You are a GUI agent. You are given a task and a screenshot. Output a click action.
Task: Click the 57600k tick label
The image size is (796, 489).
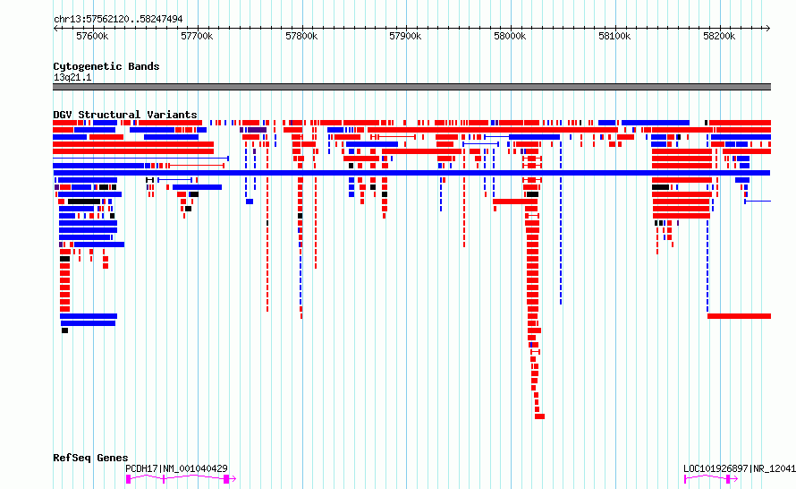point(92,36)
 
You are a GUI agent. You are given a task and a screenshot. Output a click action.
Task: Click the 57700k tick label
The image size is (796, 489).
point(197,36)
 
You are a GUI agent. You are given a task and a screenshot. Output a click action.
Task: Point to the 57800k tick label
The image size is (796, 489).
point(301,36)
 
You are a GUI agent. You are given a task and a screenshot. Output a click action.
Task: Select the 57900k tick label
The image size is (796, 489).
point(405,36)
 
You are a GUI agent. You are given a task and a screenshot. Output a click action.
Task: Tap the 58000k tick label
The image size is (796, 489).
point(510,36)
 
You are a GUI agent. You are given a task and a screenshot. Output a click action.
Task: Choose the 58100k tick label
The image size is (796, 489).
point(614,36)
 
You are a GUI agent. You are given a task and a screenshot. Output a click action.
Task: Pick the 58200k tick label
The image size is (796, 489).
point(719,36)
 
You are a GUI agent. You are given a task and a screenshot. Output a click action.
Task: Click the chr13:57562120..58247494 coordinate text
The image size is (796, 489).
point(118,20)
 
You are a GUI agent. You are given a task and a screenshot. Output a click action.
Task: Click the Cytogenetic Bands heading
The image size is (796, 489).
point(106,66)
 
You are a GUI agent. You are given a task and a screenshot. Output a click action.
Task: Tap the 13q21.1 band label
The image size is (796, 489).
point(72,77)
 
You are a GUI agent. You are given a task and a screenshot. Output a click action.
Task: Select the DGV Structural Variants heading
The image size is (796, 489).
point(125,115)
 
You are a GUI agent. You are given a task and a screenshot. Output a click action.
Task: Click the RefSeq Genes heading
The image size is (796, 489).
point(90,458)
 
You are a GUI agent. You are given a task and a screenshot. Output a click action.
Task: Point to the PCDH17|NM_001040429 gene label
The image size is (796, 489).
point(176,468)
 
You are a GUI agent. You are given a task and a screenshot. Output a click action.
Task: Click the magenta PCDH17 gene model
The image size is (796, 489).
point(181,479)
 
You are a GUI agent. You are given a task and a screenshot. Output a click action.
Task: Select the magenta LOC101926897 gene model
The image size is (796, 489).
point(711,479)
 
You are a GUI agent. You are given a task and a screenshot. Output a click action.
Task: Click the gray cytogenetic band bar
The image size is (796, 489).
point(411,87)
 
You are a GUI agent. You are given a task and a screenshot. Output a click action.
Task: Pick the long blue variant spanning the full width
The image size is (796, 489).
point(411,173)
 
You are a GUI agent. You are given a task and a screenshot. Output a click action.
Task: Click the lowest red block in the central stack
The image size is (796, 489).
point(539,416)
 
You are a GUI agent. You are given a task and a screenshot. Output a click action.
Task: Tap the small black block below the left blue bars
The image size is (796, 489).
point(65,330)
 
